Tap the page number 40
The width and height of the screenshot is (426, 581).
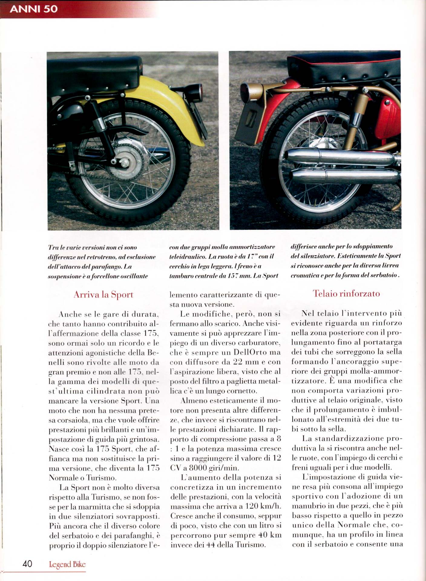point(27,564)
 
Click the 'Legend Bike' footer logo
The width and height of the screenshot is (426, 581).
point(67,564)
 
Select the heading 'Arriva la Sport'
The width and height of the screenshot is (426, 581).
point(103,294)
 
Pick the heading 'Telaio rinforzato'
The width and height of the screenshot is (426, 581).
point(346,293)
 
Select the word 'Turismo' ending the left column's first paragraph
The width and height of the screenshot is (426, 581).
point(99,478)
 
